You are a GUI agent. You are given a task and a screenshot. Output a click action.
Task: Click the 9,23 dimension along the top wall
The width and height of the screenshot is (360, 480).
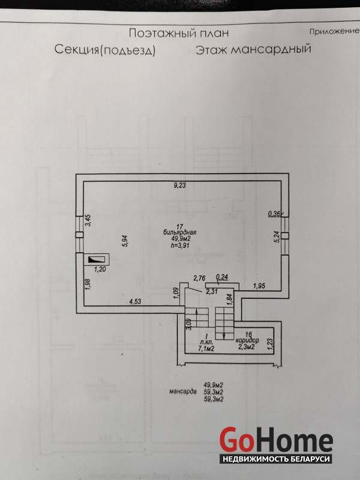pyautogui.click(x=180, y=185)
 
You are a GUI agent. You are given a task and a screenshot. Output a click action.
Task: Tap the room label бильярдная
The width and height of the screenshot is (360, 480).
pyautogui.click(x=179, y=232)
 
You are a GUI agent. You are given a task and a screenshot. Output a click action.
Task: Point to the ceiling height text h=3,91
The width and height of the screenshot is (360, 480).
pyautogui.click(x=179, y=245)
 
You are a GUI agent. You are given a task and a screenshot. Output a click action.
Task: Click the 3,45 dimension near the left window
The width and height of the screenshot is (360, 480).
pyautogui.click(x=88, y=220)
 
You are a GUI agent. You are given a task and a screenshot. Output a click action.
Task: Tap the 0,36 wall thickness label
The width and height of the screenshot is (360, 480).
pyautogui.click(x=274, y=214)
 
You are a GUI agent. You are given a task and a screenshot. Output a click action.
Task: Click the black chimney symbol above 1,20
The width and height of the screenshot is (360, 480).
pyautogui.click(x=97, y=260)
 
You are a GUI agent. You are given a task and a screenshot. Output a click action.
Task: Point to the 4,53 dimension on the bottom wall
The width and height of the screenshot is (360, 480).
pyautogui.click(x=135, y=302)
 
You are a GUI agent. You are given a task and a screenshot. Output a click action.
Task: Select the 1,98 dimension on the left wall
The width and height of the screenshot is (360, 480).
pyautogui.click(x=88, y=284)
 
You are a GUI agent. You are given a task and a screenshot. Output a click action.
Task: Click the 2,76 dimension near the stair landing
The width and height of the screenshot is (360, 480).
pyautogui.click(x=199, y=278)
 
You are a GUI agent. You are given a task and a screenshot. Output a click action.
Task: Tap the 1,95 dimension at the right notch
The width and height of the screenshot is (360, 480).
pyautogui.click(x=259, y=286)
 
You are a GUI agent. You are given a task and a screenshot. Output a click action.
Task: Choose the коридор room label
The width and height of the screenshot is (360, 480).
pyautogui.click(x=247, y=340)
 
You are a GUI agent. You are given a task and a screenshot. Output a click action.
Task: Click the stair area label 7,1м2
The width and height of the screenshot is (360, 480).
pyautogui.click(x=206, y=349)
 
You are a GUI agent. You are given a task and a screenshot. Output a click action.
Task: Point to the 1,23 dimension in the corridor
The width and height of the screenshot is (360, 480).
pyautogui.click(x=269, y=343)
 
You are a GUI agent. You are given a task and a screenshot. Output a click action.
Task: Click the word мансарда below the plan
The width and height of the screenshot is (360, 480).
pyautogui.click(x=183, y=392)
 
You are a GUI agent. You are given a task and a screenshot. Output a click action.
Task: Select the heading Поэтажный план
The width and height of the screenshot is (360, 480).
pyautogui.click(x=179, y=33)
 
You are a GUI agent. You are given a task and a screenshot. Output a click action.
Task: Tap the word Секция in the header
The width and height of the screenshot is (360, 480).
pyautogui.click(x=77, y=49)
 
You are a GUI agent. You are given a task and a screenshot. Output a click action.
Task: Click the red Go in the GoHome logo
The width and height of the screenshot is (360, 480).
pyautogui.click(x=236, y=440)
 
